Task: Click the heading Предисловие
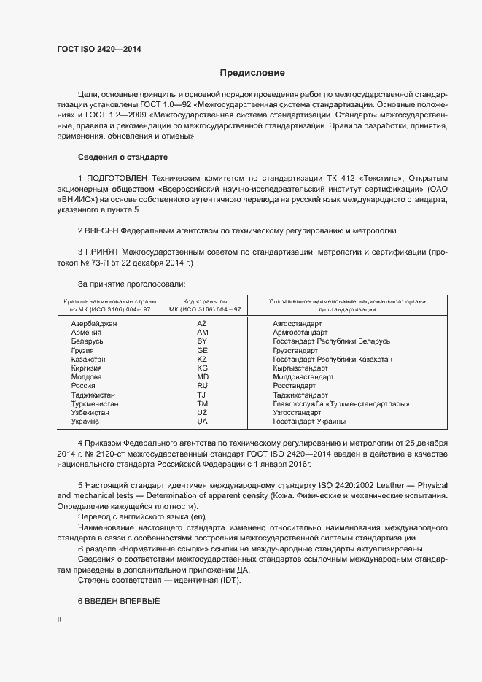click(252, 73)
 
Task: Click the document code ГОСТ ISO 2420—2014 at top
click(98, 50)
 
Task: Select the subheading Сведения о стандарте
click(123, 158)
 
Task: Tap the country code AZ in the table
click(203, 323)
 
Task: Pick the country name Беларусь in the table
click(88, 341)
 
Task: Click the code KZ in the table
click(203, 360)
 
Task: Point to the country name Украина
click(86, 422)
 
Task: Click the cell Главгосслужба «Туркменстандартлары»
click(341, 403)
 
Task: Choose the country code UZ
click(203, 413)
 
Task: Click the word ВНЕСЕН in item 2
click(102, 230)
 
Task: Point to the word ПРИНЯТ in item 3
click(101, 252)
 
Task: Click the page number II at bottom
click(59, 620)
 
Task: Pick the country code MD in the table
click(203, 377)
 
